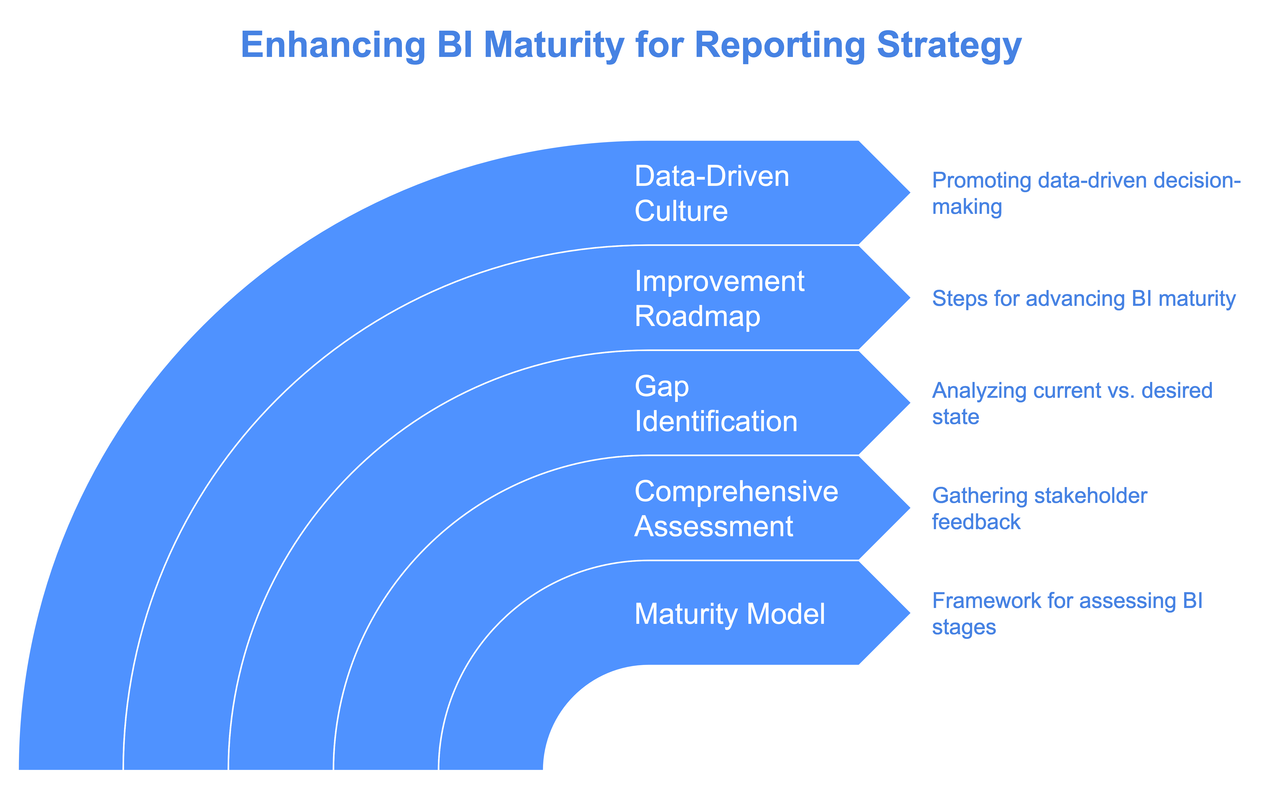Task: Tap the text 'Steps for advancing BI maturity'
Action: [1084, 299]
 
